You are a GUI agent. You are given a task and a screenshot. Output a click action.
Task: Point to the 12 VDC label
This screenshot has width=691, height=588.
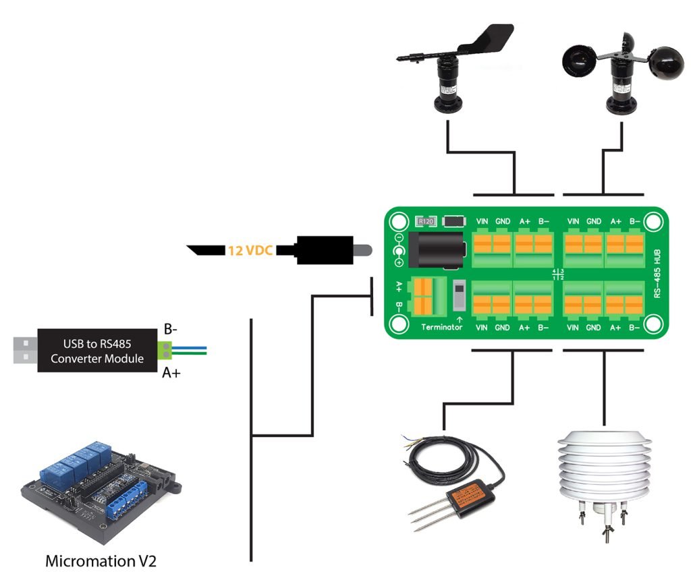[250, 250]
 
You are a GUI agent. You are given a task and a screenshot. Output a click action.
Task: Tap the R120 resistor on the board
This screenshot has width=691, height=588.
[426, 220]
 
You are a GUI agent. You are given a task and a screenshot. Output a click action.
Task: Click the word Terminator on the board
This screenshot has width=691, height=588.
[441, 327]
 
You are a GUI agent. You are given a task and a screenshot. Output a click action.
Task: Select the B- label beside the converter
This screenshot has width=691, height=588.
[171, 330]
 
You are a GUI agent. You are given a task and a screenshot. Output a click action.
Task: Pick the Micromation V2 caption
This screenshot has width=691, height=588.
[101, 561]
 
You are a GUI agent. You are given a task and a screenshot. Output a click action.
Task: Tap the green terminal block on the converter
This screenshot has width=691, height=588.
[164, 349]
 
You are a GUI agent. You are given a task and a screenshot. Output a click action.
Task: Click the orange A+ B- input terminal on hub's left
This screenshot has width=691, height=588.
[422, 297]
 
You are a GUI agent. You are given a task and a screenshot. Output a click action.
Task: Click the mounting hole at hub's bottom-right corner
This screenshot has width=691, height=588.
[653, 325]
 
